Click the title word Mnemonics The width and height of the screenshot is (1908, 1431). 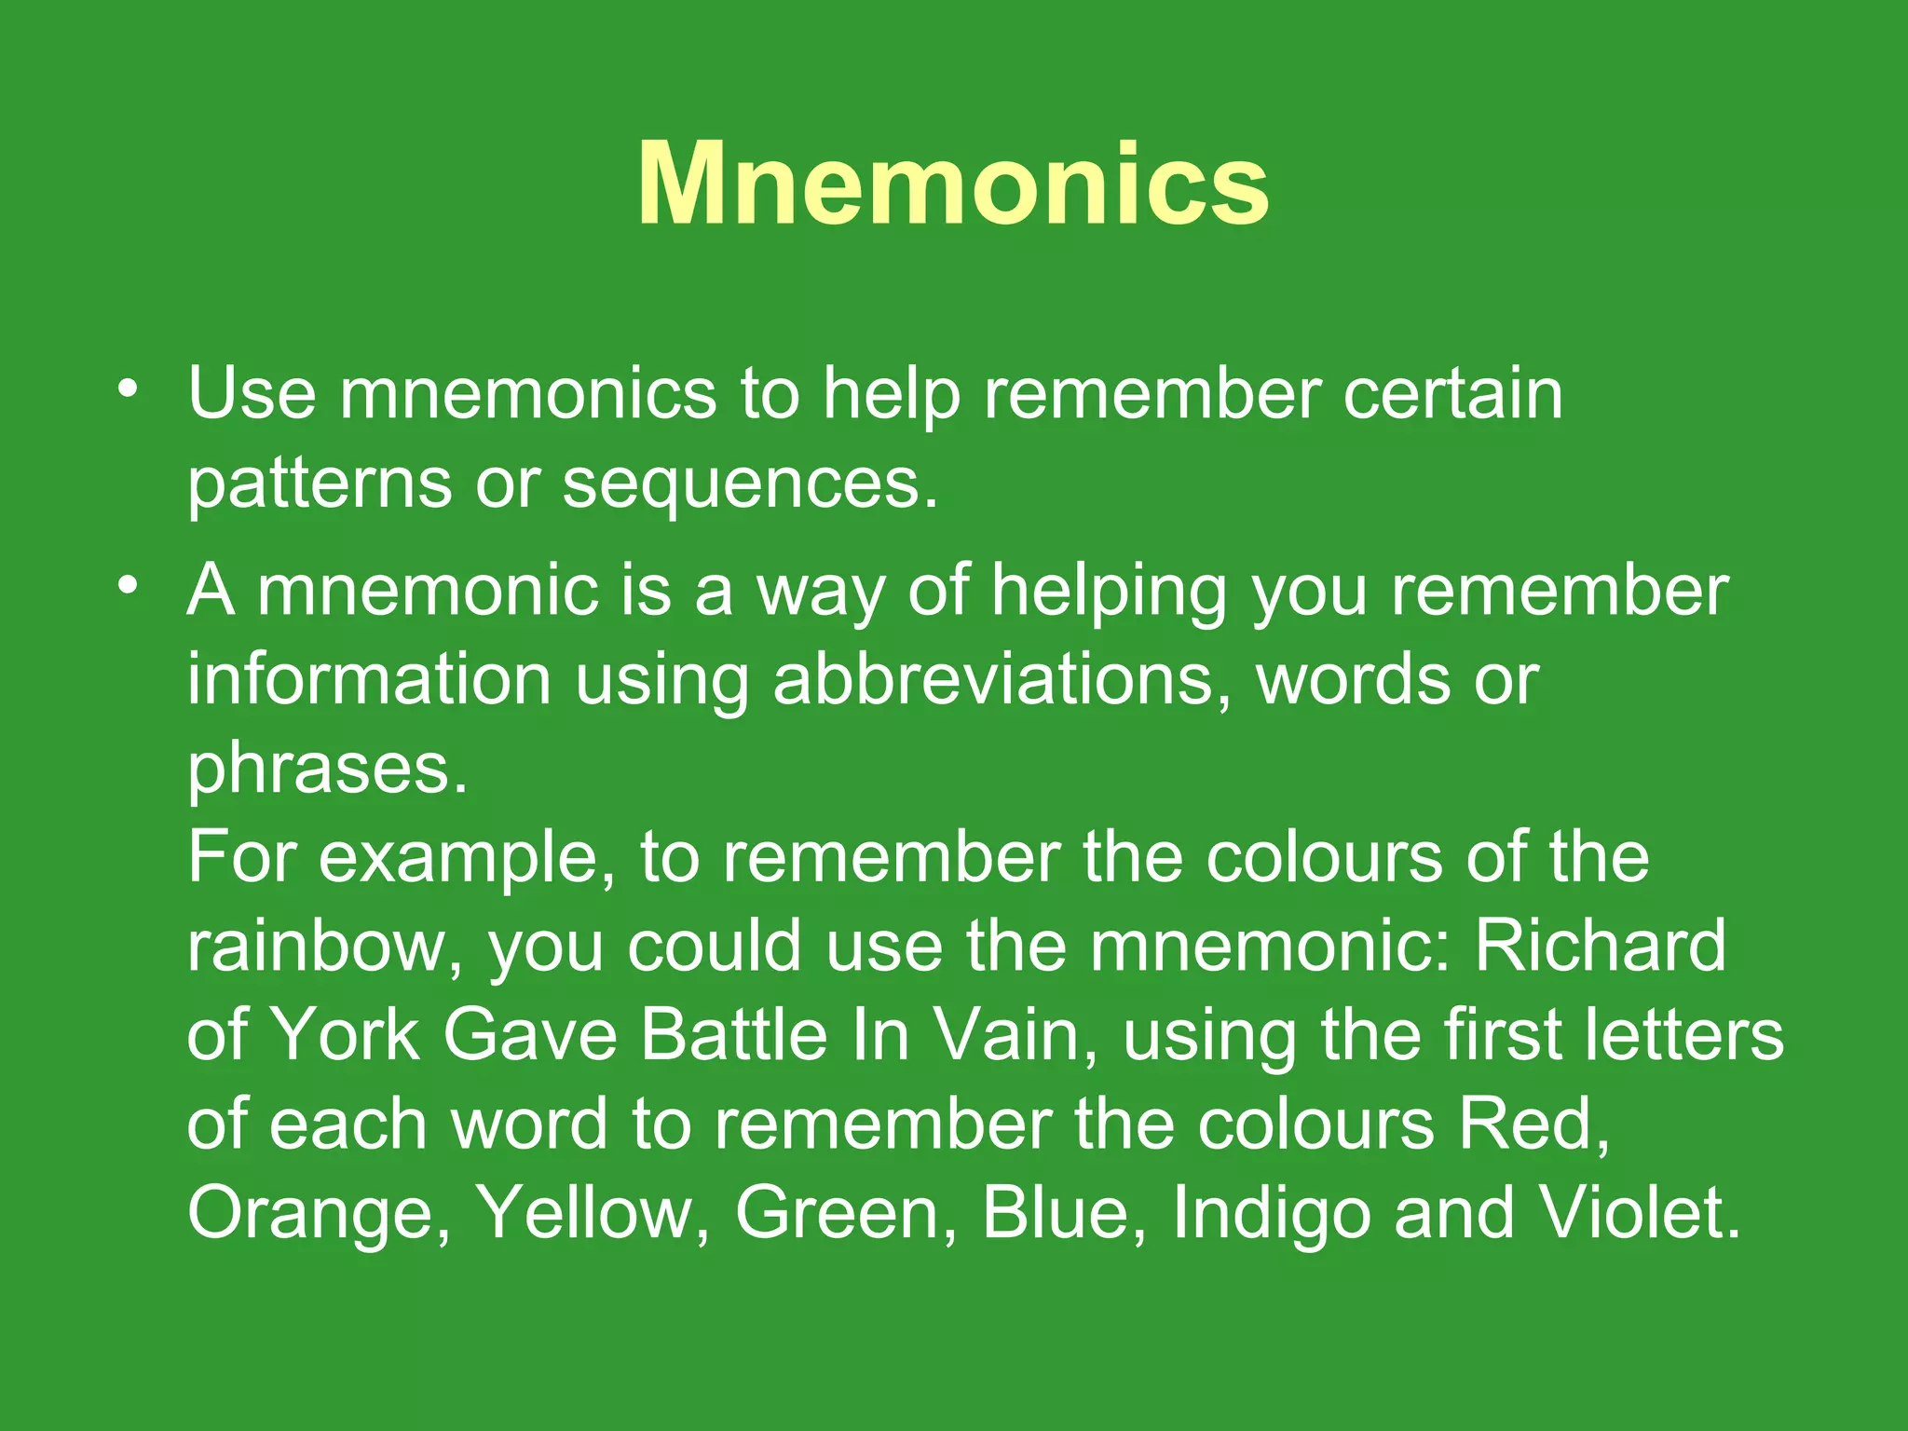coord(953,184)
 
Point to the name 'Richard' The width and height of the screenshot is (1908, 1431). coord(1600,946)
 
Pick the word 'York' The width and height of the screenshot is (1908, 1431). coord(344,1035)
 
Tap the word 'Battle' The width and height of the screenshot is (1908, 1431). coord(734,1035)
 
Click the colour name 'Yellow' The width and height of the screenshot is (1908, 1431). coord(584,1212)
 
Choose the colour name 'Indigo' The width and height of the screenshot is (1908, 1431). coord(1272,1214)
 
